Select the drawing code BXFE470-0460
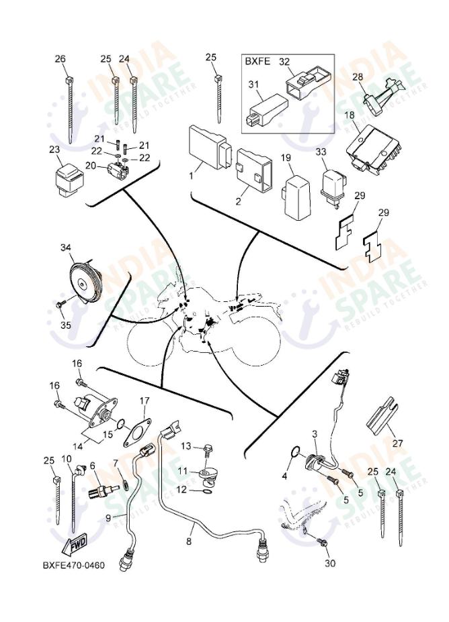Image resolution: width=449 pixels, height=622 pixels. pyautogui.click(x=73, y=565)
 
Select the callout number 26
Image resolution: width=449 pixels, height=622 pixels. pyautogui.click(x=60, y=59)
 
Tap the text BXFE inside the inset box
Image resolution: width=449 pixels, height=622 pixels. pyautogui.click(x=256, y=61)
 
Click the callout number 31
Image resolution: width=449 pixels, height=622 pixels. pyautogui.click(x=253, y=83)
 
